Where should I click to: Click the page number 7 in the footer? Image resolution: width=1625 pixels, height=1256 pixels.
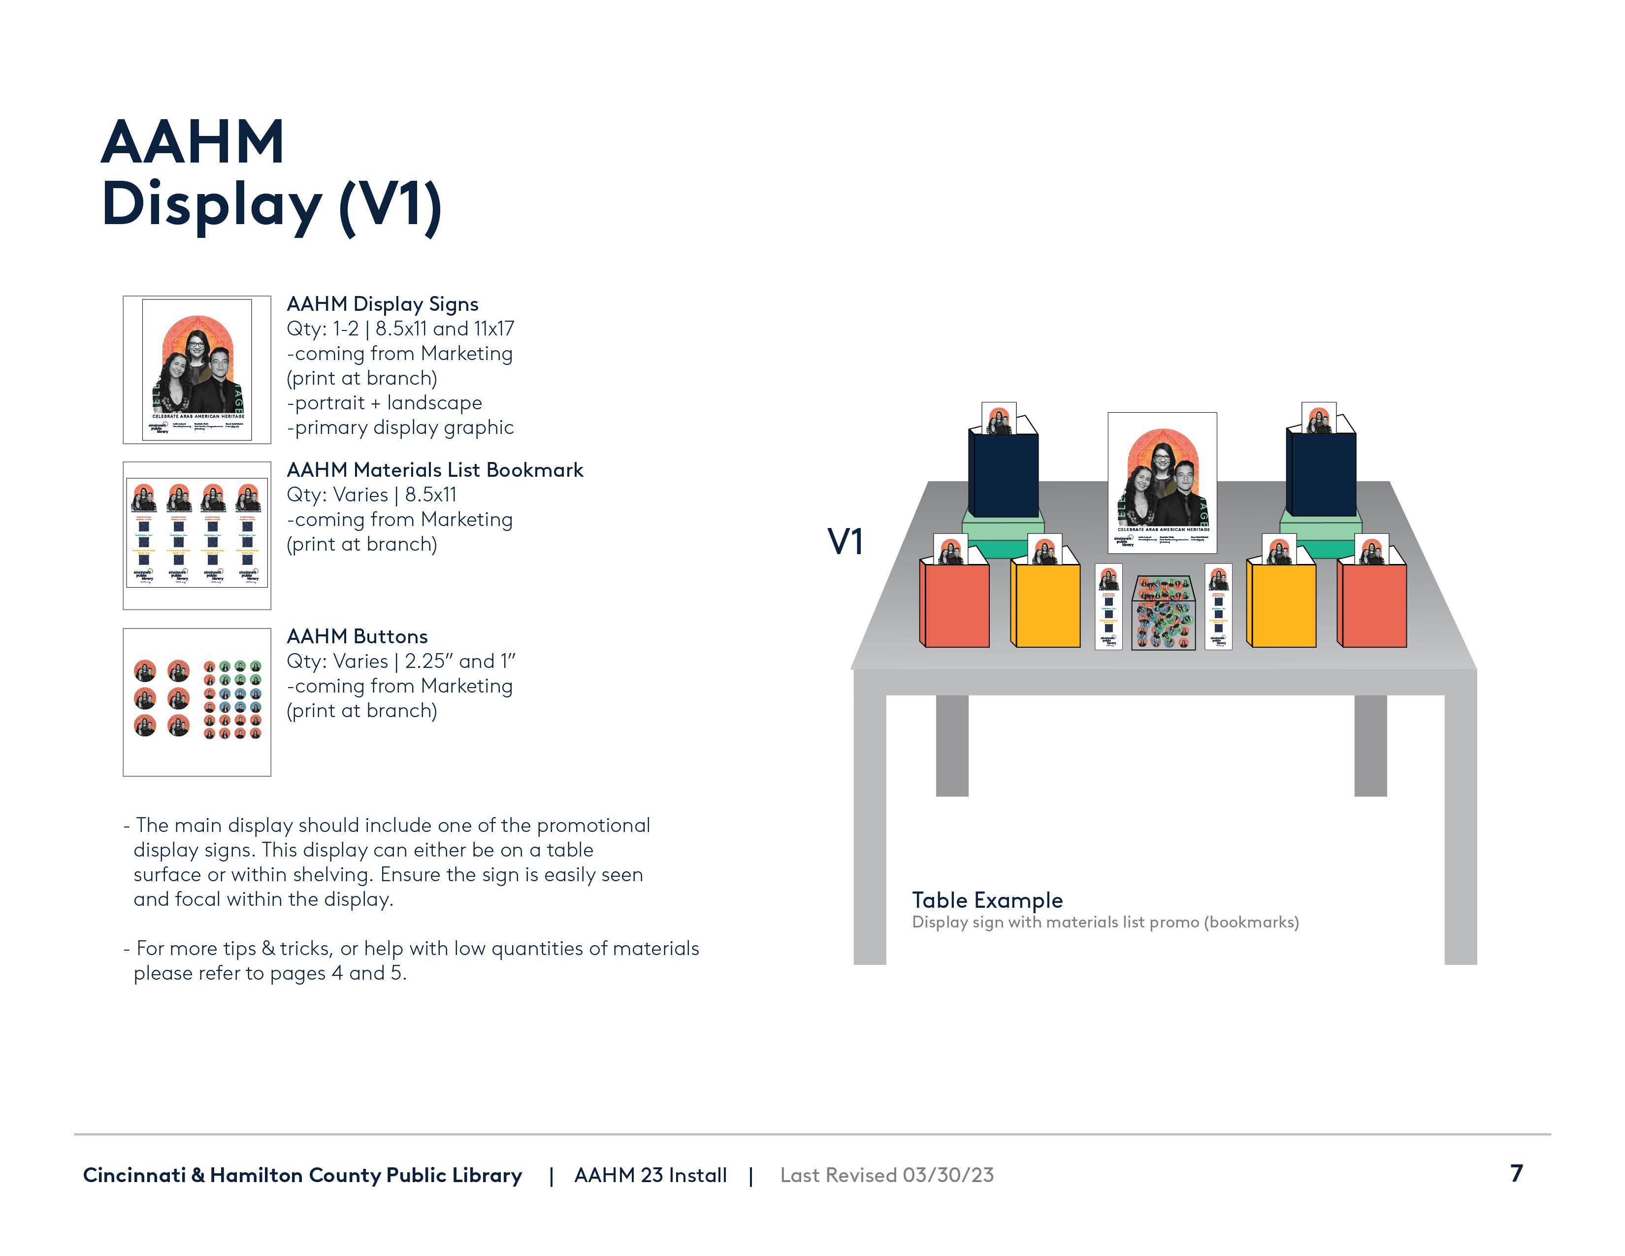point(1516,1173)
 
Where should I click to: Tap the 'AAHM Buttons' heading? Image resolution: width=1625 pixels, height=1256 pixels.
point(357,636)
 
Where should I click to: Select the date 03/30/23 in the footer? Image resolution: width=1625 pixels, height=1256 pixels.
point(948,1175)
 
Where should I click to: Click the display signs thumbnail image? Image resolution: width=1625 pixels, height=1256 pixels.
point(196,370)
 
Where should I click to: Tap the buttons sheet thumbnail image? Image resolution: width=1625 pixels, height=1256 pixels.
point(196,702)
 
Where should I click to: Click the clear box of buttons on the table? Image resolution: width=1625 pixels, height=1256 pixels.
point(1163,613)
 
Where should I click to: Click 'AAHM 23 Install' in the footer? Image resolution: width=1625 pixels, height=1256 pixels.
point(650,1175)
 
